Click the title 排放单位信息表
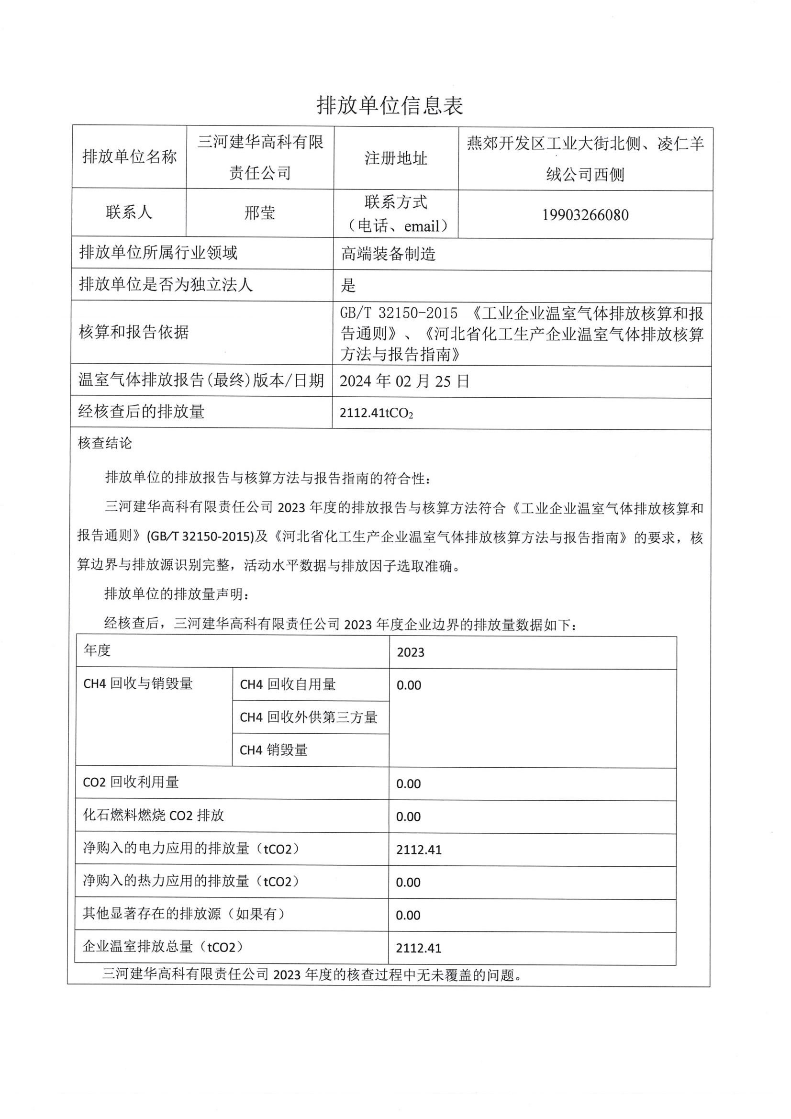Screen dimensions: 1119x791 (x=390, y=105)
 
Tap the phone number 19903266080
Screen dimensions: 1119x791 (x=585, y=215)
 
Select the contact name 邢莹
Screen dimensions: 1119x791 (x=260, y=213)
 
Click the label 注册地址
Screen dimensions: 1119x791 (x=396, y=158)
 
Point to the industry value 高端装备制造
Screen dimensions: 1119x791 (x=388, y=254)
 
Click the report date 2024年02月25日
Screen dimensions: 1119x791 (x=404, y=381)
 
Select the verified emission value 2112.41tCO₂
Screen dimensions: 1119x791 (x=376, y=414)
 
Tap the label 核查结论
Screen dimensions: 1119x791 (x=105, y=443)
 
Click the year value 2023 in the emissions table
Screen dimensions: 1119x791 (x=411, y=652)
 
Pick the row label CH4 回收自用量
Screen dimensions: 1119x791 (x=288, y=685)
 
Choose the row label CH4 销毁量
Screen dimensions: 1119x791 (x=273, y=750)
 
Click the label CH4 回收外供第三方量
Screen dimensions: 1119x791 (x=309, y=717)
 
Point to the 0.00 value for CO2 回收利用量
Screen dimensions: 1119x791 (x=408, y=784)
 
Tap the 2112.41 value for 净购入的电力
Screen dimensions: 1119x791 (x=419, y=850)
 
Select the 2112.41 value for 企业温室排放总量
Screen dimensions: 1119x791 (x=419, y=949)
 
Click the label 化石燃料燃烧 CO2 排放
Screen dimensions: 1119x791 (x=153, y=816)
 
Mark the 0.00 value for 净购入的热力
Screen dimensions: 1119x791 (x=408, y=883)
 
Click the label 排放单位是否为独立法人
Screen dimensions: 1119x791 (x=166, y=285)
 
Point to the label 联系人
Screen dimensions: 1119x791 (x=129, y=212)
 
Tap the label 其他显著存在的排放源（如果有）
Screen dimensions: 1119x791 (x=184, y=914)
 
